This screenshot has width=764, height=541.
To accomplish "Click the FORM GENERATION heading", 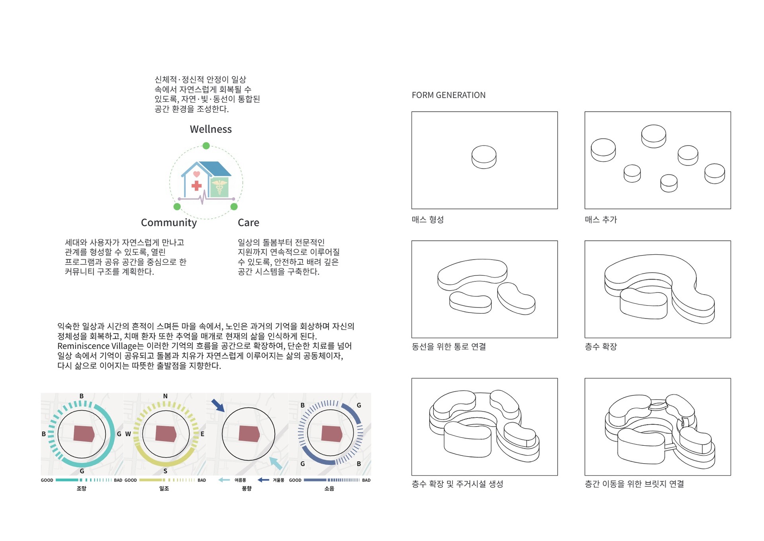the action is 448,95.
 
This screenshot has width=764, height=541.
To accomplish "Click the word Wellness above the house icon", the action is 211,129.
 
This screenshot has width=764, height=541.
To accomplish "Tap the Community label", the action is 169,222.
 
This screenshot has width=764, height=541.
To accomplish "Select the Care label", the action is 248,222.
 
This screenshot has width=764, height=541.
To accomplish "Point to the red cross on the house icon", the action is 196,185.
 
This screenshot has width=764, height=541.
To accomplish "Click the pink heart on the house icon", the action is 196,174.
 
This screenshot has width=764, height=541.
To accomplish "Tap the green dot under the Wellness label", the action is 206,146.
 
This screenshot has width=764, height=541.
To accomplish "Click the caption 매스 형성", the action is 428,220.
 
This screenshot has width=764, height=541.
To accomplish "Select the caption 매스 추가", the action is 601,220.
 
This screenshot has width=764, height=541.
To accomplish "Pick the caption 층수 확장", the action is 601,346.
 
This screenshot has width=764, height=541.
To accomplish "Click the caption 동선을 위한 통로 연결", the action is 449,346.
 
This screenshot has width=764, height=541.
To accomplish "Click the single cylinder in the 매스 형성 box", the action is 484,157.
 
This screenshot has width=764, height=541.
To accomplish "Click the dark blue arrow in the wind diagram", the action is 218,405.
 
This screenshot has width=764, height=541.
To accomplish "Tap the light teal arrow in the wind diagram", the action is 276,463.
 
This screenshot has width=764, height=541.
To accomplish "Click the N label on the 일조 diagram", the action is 165,396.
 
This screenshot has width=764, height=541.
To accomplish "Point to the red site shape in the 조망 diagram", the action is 84,434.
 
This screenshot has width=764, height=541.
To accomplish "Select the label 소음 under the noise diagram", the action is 329,488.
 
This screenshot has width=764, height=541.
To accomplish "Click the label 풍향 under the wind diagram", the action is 246,488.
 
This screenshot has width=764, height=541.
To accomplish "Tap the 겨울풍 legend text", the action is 278,480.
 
